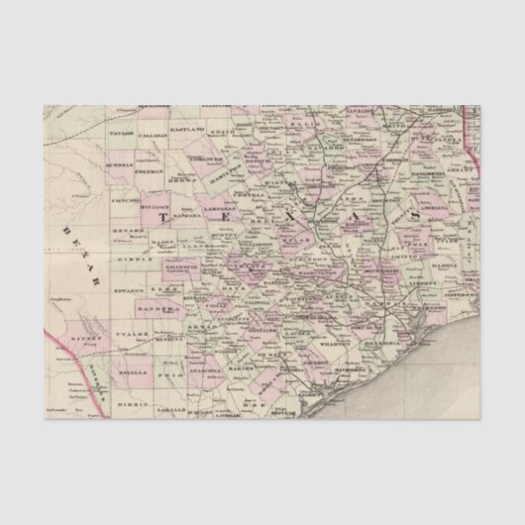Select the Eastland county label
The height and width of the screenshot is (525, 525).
tap(187, 130)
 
